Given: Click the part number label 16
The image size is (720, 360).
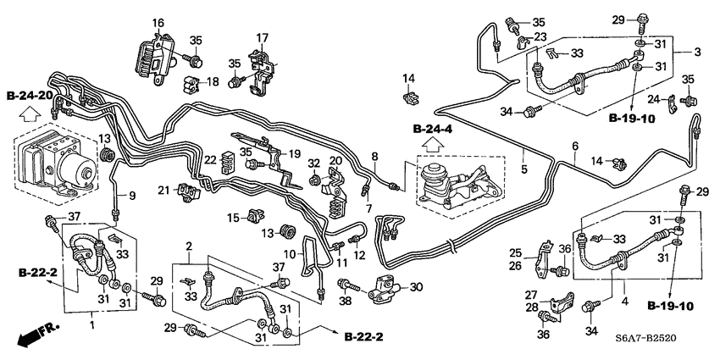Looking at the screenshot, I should coord(158,22).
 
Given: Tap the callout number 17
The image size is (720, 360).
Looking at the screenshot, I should coord(262,37).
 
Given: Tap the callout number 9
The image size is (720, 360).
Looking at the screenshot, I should coord(131,197).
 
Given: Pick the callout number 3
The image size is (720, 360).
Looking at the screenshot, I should coord(697,53).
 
